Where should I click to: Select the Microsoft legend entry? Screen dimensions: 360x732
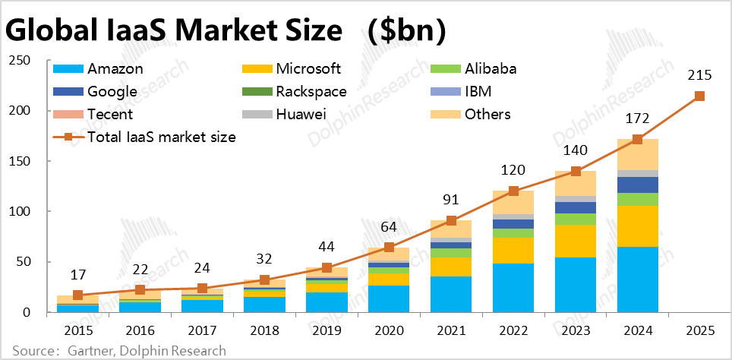pyautogui.click(x=308, y=69)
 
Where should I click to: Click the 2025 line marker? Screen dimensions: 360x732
pyautogui.click(x=699, y=96)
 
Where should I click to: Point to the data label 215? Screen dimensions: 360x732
pyautogui.click(x=699, y=77)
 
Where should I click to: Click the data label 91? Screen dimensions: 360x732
pyautogui.click(x=451, y=201)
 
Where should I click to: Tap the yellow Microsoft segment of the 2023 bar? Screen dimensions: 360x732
pyautogui.click(x=576, y=241)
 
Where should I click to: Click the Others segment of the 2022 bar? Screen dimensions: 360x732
pyautogui.click(x=513, y=203)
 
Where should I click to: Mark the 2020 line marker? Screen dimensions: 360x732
pyautogui.click(x=389, y=247)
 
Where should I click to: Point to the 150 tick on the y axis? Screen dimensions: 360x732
pyautogui.click(x=26, y=161)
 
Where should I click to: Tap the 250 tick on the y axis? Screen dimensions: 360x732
pyautogui.click(x=26, y=61)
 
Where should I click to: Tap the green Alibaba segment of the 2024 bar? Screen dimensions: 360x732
pyautogui.click(x=637, y=199)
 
